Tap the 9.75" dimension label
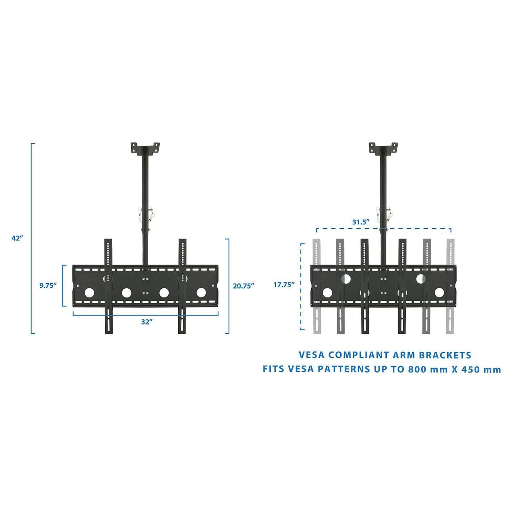coord(48,285)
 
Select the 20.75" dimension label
coord(243,286)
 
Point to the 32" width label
coord(147,322)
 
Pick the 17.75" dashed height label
coord(284,284)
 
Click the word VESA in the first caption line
coord(312,355)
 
